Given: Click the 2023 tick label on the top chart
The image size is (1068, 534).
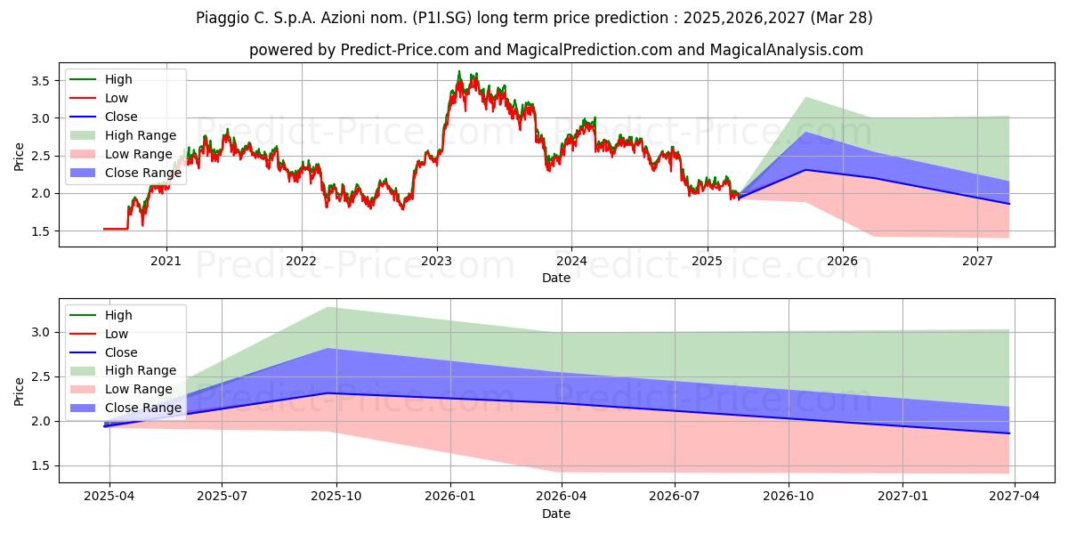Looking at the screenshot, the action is (x=437, y=262).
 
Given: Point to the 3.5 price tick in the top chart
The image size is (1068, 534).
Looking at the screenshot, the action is (x=41, y=81).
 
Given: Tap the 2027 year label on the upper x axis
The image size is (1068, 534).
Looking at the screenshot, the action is (x=977, y=262).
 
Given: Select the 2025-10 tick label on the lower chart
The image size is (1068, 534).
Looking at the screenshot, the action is (x=336, y=497).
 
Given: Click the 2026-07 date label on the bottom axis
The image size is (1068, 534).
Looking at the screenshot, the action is (x=675, y=497).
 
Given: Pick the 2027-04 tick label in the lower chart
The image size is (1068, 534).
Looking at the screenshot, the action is (x=1014, y=497).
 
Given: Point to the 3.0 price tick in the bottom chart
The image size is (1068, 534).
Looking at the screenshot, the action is (x=41, y=332).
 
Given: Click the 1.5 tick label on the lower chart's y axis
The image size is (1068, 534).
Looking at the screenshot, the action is (x=41, y=465).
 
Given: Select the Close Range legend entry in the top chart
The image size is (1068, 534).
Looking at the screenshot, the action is (x=125, y=173).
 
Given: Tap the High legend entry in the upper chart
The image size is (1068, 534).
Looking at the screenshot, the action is (x=101, y=79).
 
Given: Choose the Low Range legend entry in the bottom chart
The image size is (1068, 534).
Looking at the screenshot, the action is (x=121, y=389).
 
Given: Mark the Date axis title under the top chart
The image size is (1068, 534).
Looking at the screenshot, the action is (x=556, y=278).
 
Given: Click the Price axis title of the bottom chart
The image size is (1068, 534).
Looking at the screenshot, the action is (x=19, y=392).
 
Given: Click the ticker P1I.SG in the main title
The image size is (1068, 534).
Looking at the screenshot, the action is (x=443, y=18).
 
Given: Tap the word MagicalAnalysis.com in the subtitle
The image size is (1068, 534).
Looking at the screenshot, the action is (x=787, y=50).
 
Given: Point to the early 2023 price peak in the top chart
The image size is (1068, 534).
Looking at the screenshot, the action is (x=459, y=71).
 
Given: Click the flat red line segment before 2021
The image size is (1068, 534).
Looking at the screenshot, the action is (x=116, y=230).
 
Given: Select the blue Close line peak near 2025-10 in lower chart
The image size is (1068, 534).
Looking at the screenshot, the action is (x=328, y=392).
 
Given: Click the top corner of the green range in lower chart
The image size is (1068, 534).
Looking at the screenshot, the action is (x=328, y=308).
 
